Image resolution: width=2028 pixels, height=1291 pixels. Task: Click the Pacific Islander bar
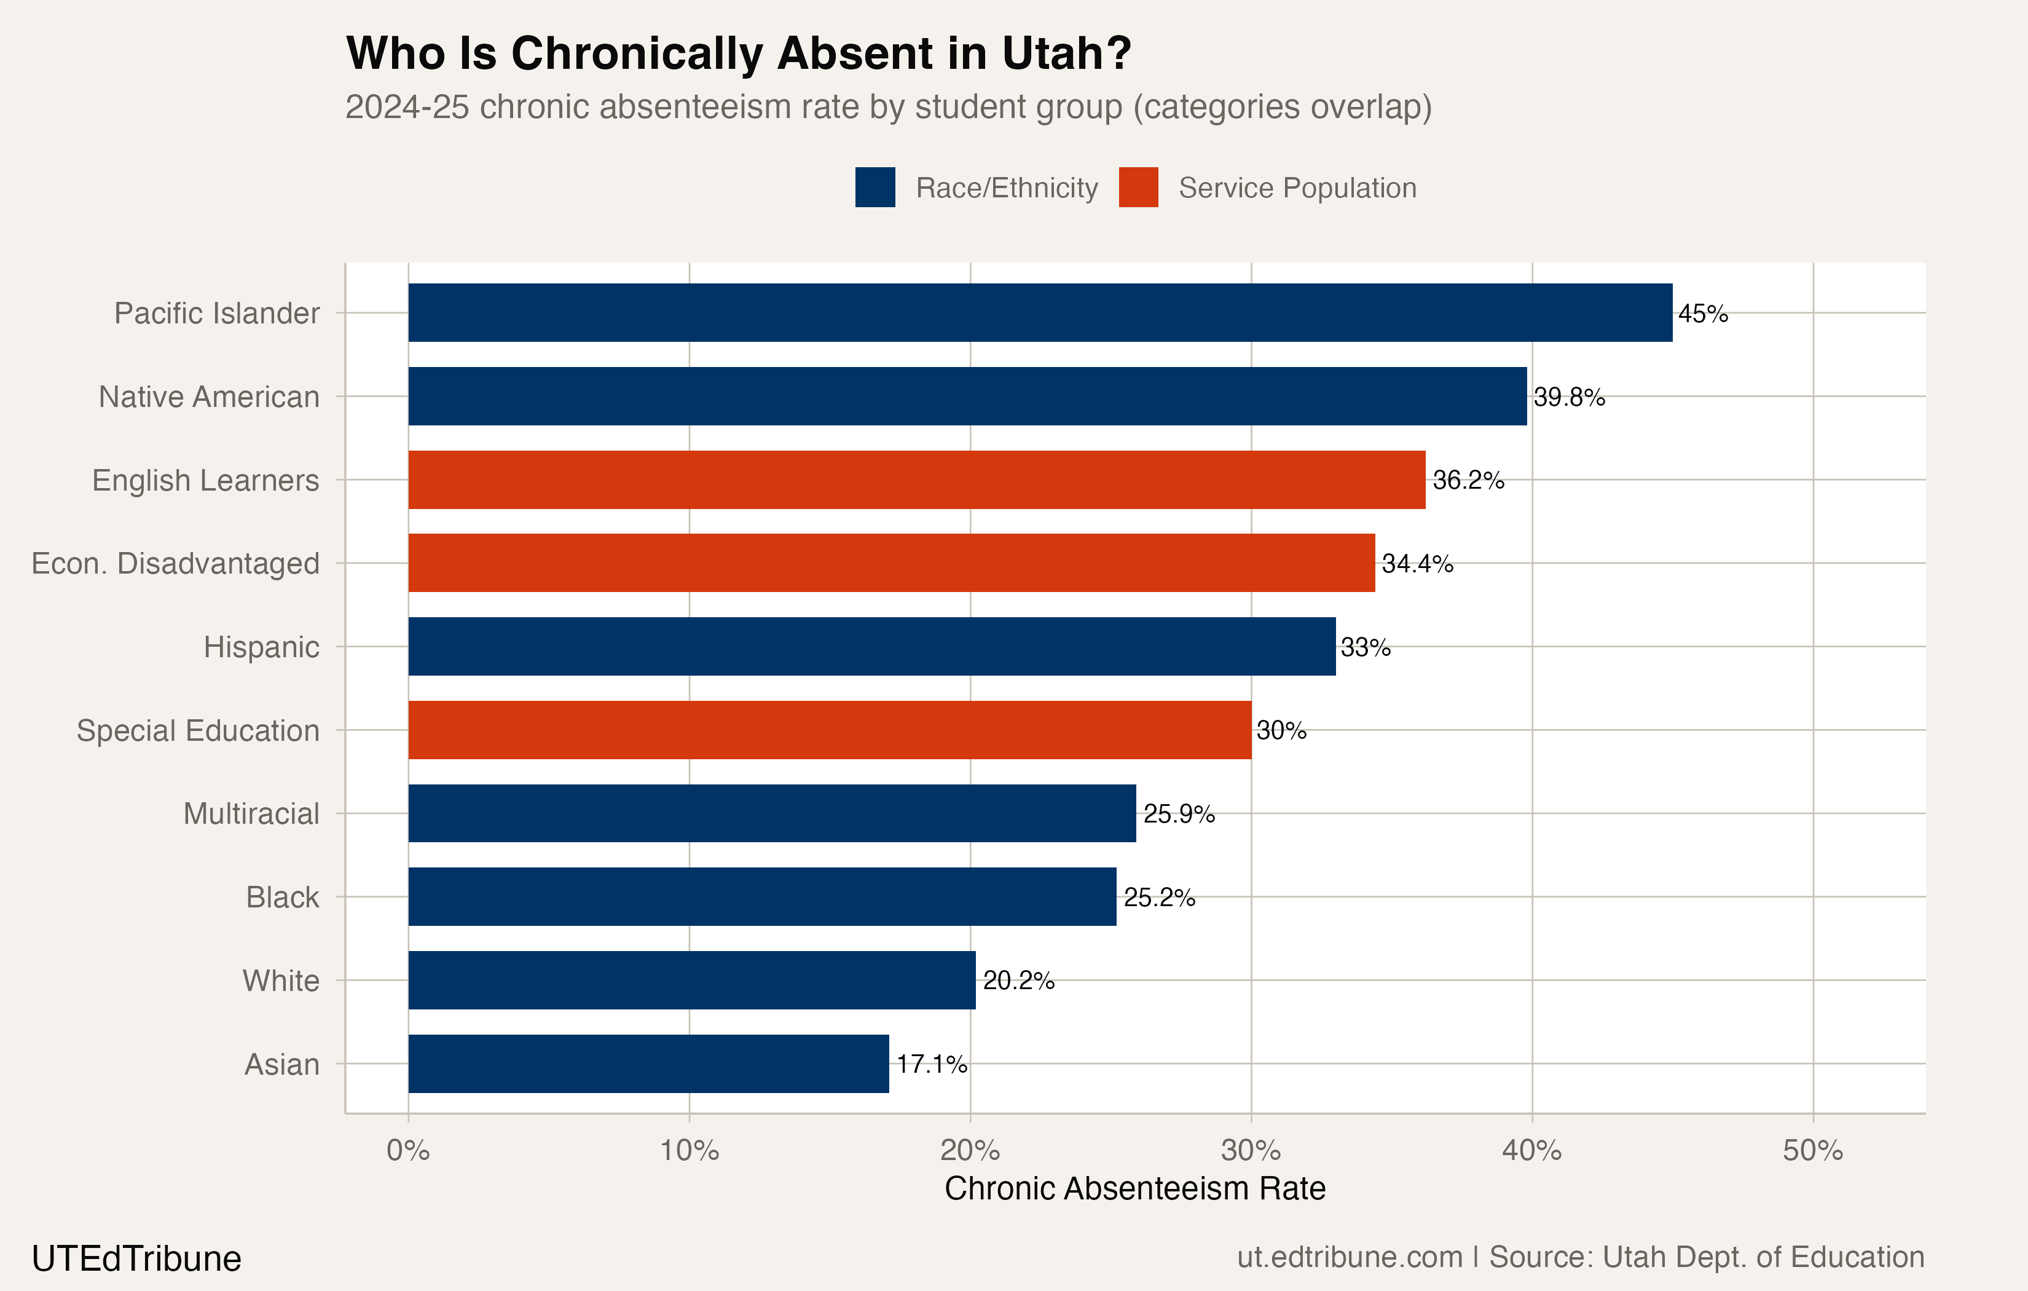pos(1040,313)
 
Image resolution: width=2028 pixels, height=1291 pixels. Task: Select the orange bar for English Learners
pos(916,480)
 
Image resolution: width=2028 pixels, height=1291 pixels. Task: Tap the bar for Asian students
pos(648,1064)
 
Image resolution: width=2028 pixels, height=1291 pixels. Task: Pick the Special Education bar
pos(830,730)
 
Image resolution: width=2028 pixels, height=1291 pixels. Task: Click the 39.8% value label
pos(1569,397)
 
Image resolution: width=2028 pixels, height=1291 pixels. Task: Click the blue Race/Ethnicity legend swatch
pos(875,187)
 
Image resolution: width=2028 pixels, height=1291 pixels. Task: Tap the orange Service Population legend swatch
pos(1138,187)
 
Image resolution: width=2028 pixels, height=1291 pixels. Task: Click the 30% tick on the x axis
pos(1251,1150)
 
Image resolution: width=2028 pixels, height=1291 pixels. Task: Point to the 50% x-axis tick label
pos(1812,1150)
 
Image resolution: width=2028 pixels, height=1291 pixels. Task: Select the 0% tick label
pos(409,1150)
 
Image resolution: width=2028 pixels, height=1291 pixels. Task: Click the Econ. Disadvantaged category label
pos(175,563)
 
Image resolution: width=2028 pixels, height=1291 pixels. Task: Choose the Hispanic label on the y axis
pos(261,647)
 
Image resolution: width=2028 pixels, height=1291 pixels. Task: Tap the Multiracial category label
pos(251,814)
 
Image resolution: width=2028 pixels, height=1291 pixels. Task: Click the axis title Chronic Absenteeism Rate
pos(1134,1188)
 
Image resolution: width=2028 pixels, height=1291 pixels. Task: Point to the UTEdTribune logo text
pos(136,1259)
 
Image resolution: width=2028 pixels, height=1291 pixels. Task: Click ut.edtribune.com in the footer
pos(1349,1257)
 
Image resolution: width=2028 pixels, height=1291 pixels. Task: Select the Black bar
pos(762,896)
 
